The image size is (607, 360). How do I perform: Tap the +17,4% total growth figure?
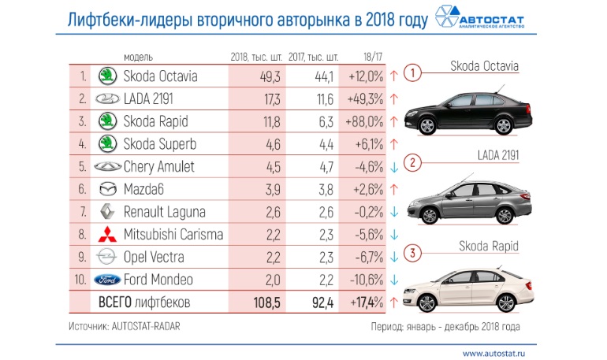[363, 302]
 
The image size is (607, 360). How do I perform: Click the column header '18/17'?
[363, 58]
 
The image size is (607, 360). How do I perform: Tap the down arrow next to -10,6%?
[393, 280]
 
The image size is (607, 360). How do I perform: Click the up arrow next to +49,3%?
[393, 99]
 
